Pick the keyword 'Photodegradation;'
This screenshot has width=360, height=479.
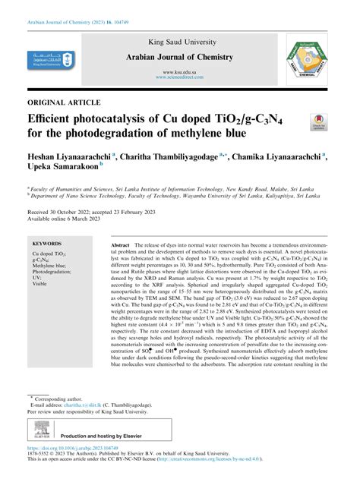tap(52, 277)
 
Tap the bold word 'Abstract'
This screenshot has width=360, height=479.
tap(120, 247)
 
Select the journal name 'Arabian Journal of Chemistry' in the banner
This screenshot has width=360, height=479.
tap(178, 58)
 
